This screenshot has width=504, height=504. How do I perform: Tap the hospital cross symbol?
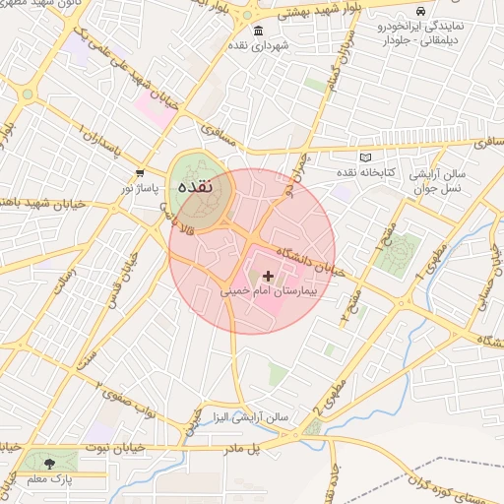269,277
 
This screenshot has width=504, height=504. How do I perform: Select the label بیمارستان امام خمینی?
268,293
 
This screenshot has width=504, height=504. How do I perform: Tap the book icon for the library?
366,157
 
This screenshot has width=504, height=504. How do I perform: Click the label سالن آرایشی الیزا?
241,416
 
